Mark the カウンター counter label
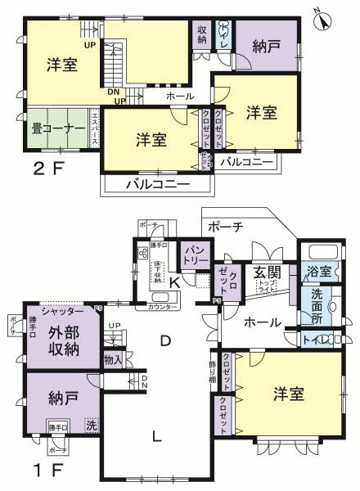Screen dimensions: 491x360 tap(164, 307)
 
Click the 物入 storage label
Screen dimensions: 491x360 tap(113, 359)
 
